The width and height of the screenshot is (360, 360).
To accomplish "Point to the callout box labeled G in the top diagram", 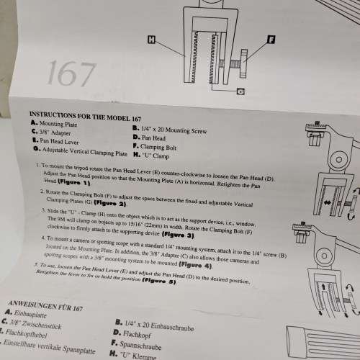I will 240,91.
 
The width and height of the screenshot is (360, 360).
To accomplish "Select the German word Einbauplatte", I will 32,312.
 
